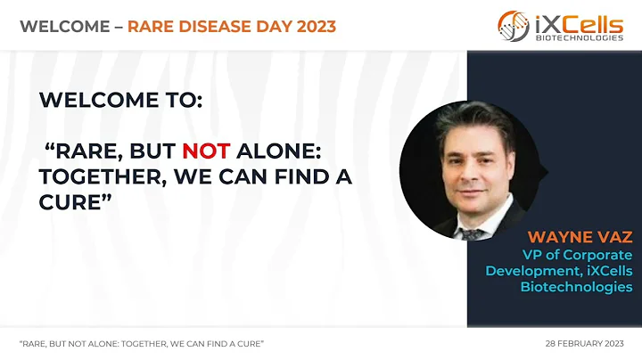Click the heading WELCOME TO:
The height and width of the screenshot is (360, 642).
pos(120,101)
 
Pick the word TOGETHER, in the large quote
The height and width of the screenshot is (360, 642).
pos(95,177)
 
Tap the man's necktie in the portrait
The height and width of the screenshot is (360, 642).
pos(472,229)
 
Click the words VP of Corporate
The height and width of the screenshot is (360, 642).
pos(584,254)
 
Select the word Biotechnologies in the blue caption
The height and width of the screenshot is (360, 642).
pos(576,287)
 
